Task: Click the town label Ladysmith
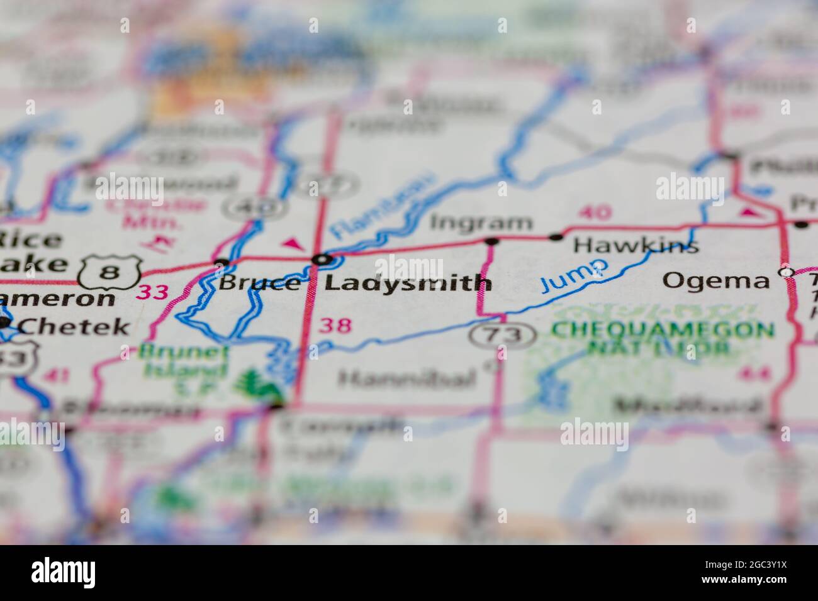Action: tap(407, 283)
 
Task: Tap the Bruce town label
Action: tap(258, 284)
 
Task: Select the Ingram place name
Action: tap(481, 223)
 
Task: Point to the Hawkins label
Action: tap(636, 245)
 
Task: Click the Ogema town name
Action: tap(716, 280)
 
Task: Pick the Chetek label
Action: tap(74, 326)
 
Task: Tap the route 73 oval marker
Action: tap(502, 336)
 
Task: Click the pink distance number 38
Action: tap(335, 326)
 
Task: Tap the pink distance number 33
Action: tap(153, 292)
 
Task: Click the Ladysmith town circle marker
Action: tap(323, 259)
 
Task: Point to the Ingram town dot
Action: tap(492, 241)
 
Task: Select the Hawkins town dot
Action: tap(556, 237)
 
